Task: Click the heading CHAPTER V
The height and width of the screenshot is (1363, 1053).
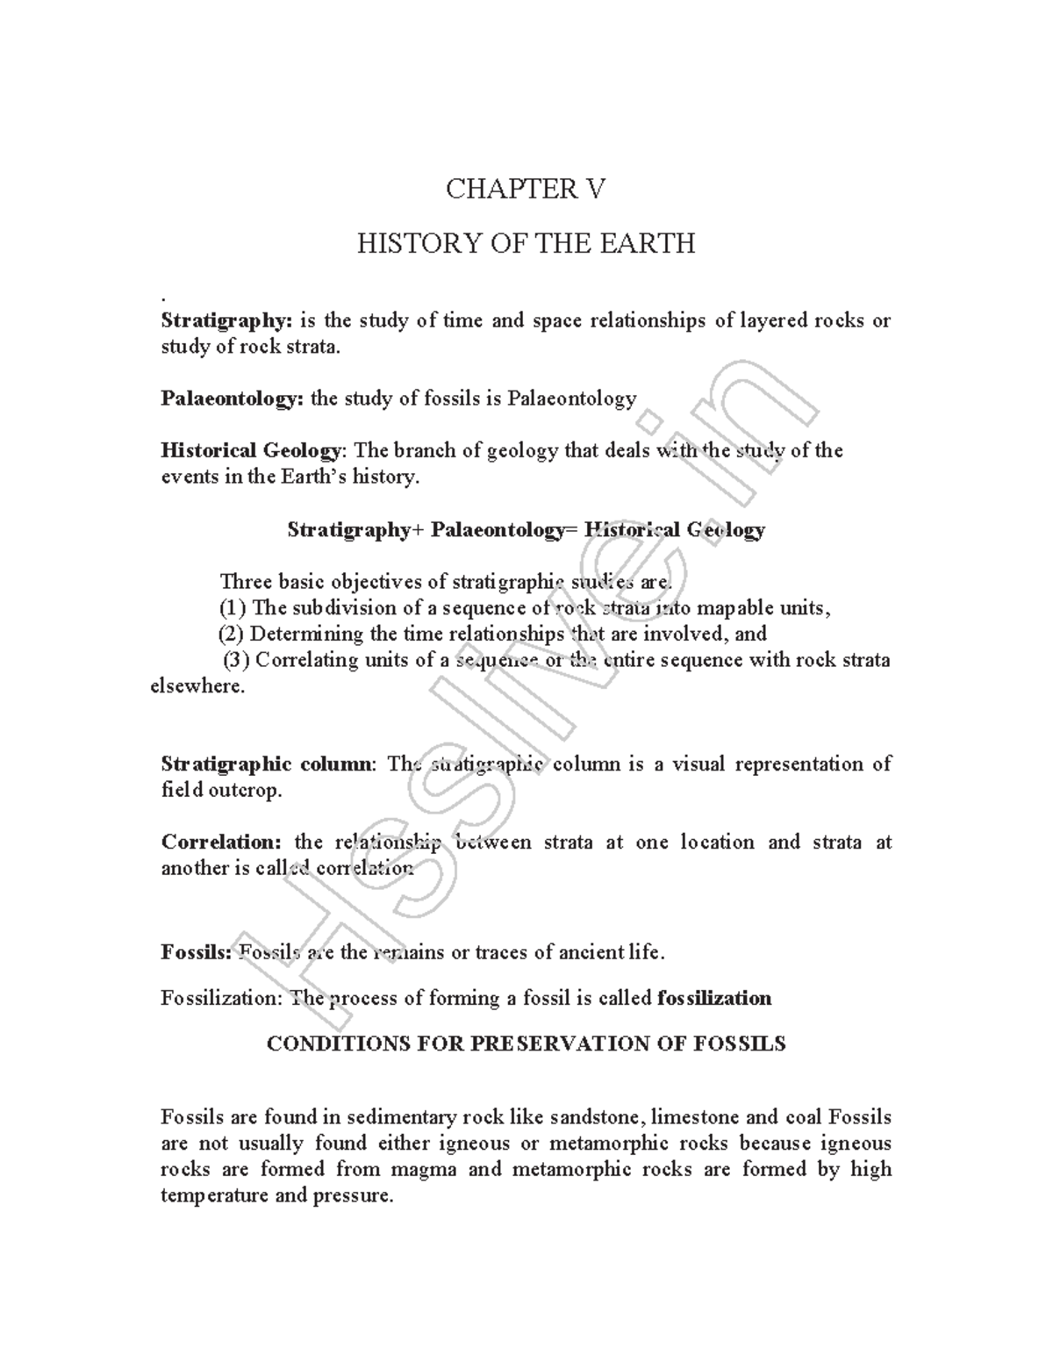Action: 525,189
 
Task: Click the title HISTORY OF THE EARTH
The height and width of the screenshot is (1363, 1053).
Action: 526,242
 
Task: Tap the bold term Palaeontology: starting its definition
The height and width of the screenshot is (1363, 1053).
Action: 233,398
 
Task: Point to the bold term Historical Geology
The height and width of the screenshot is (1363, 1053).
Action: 251,450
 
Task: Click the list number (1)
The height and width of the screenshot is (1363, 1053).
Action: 233,607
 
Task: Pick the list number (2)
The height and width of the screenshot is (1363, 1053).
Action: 232,633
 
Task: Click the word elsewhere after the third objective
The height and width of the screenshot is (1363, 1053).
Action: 198,685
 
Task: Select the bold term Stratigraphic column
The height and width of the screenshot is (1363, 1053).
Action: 267,764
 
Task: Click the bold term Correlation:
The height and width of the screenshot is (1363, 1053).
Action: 221,842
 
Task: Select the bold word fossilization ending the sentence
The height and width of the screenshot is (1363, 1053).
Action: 713,998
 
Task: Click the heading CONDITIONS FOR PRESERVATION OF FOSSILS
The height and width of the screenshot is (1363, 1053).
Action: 526,1044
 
